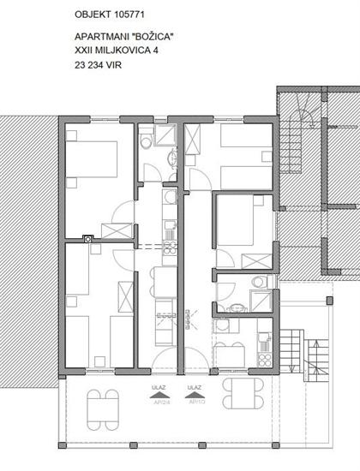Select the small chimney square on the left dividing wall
[87, 239]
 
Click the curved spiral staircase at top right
[300, 120]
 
